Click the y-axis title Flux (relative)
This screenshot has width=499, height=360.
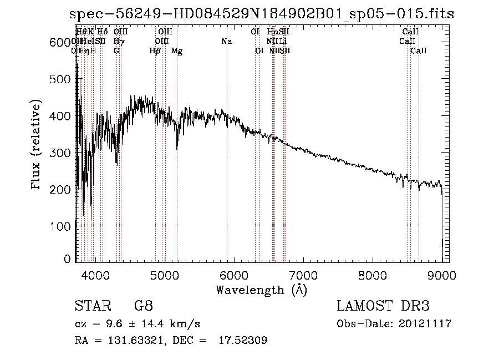pyautogui.click(x=37, y=145)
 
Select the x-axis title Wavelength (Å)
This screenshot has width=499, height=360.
pyautogui.click(x=261, y=290)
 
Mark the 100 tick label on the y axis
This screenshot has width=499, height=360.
pyautogui.click(x=62, y=226)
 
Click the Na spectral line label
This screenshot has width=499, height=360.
pyautogui.click(x=226, y=41)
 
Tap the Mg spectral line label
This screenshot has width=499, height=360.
pyautogui.click(x=177, y=51)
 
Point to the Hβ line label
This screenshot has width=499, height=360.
pyautogui.click(x=155, y=51)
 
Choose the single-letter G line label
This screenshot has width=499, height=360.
pyautogui.click(x=116, y=51)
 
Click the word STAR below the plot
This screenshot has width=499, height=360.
pyautogui.click(x=91, y=306)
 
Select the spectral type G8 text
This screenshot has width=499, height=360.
pyautogui.click(x=142, y=306)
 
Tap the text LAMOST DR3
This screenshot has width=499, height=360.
pyautogui.click(x=383, y=306)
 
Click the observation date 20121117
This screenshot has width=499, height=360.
pyautogui.click(x=425, y=324)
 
